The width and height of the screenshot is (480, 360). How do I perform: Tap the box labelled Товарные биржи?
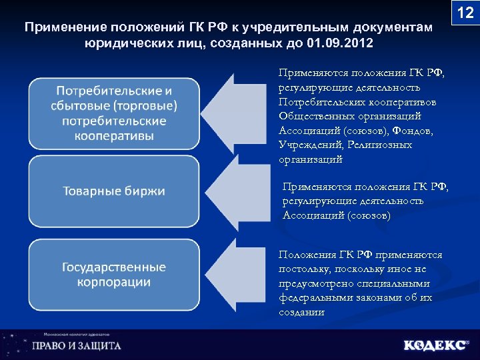[114, 191]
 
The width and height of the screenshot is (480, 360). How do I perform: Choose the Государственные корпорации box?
[114, 274]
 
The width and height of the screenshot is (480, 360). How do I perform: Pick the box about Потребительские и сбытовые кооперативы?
[114, 113]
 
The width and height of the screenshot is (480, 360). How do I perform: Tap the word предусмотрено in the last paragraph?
[312, 283]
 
